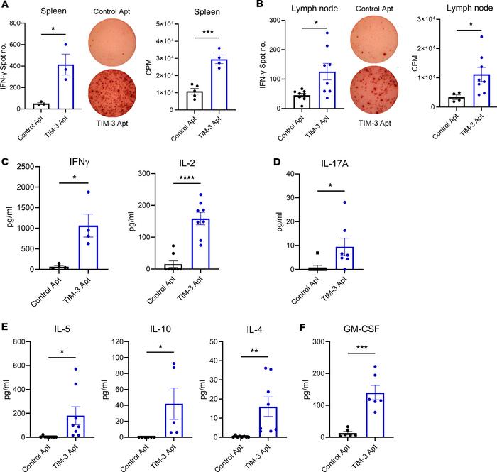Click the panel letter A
6,6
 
